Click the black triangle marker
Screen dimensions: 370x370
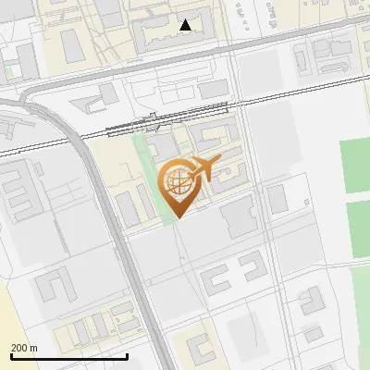coord(186,25)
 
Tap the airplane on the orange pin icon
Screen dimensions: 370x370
coord(203,169)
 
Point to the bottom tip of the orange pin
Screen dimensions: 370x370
coord(177,217)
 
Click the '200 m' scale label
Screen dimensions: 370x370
coord(24,348)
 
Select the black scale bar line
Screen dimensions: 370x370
coord(68,356)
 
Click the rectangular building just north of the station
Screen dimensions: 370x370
coord(214,89)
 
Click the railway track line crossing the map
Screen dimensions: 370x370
coord(55,144)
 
